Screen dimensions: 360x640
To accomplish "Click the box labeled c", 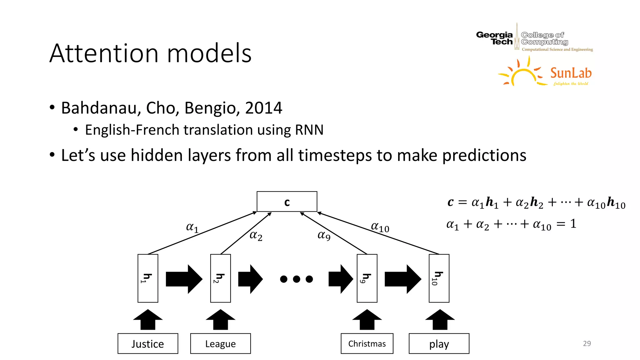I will point(287,202).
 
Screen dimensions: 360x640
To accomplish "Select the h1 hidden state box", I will point(148,278).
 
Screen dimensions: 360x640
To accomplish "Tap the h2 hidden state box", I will point(220,278).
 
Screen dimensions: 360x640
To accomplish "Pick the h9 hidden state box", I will point(367,278).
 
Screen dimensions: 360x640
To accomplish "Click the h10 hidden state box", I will point(439,278).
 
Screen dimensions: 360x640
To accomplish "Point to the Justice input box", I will point(148,343).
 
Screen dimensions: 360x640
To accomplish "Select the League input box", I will point(220,343).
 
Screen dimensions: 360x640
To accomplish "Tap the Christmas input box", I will point(367,343).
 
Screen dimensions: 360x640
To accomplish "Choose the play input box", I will point(439,343).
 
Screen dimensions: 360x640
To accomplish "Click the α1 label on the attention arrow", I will point(192,227).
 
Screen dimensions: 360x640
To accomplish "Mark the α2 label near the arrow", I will point(256,235).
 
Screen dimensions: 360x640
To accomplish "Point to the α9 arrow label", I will point(324,235).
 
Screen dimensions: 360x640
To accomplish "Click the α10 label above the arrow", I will point(380,227).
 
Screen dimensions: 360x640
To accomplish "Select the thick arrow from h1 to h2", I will point(184,279).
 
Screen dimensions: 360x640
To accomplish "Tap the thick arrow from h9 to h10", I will point(402,279).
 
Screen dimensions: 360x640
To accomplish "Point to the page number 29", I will point(587,343).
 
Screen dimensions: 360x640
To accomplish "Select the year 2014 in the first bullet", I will point(263,108).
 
